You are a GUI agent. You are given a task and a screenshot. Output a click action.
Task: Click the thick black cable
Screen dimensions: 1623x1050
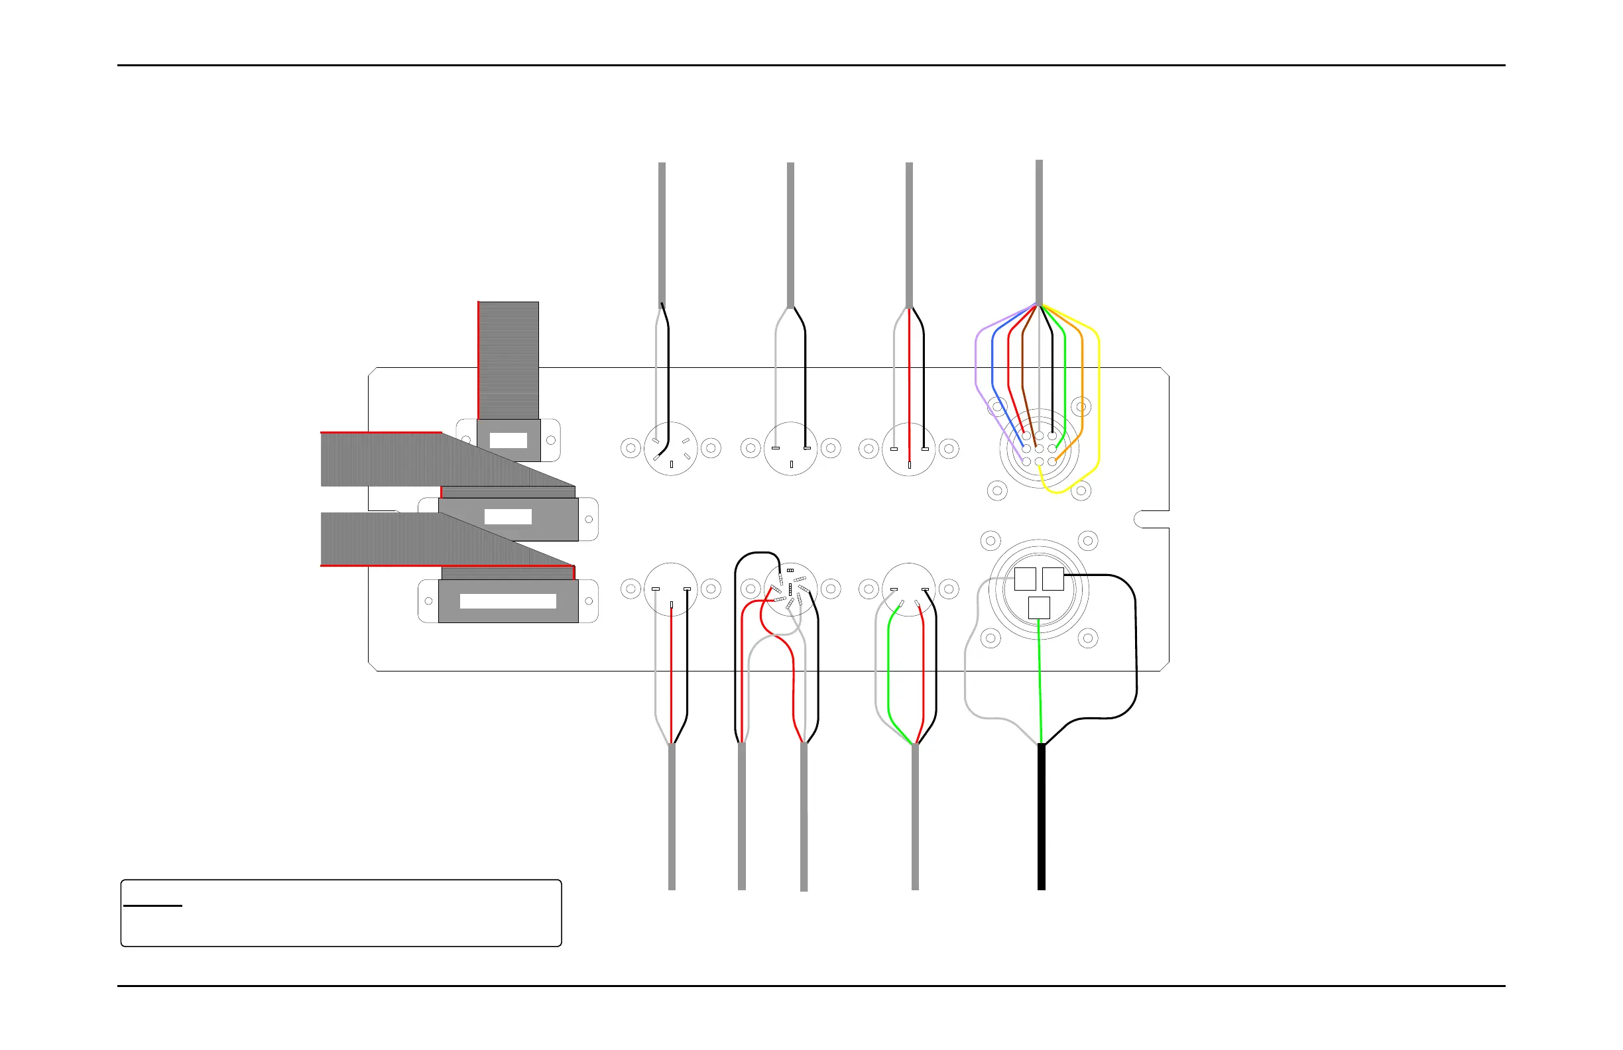click(x=1042, y=818)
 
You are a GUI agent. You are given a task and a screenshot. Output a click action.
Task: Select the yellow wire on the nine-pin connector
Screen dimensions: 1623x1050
click(x=1098, y=409)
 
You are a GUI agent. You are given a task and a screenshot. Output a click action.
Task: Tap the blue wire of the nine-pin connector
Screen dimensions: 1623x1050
click(x=992, y=361)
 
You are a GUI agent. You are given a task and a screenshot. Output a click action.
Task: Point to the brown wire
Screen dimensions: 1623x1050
click(x=1023, y=361)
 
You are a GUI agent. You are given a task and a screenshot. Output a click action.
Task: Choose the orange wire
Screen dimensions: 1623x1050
click(x=1082, y=382)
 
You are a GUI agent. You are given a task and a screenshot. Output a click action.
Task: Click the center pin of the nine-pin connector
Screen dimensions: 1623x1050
click(x=1039, y=449)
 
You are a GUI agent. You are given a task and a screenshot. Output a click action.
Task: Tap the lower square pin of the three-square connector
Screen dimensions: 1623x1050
click(x=1039, y=607)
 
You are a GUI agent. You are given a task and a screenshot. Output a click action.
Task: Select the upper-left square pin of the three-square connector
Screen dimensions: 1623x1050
click(x=1025, y=578)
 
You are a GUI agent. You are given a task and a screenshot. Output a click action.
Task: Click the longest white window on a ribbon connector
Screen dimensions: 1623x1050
click(x=508, y=601)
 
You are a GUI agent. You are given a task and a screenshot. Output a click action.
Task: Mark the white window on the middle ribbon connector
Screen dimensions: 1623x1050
click(x=508, y=516)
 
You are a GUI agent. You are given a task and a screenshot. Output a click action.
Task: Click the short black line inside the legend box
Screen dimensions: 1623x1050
click(x=152, y=905)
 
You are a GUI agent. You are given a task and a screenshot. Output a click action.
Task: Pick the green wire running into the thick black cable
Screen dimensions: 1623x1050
click(x=1040, y=682)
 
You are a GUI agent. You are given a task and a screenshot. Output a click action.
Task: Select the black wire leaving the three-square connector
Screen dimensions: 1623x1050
click(x=1136, y=648)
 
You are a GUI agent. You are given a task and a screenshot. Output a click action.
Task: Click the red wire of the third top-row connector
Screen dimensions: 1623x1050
click(x=909, y=382)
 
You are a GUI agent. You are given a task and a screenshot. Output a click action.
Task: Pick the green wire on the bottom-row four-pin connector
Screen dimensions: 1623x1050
click(x=888, y=668)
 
